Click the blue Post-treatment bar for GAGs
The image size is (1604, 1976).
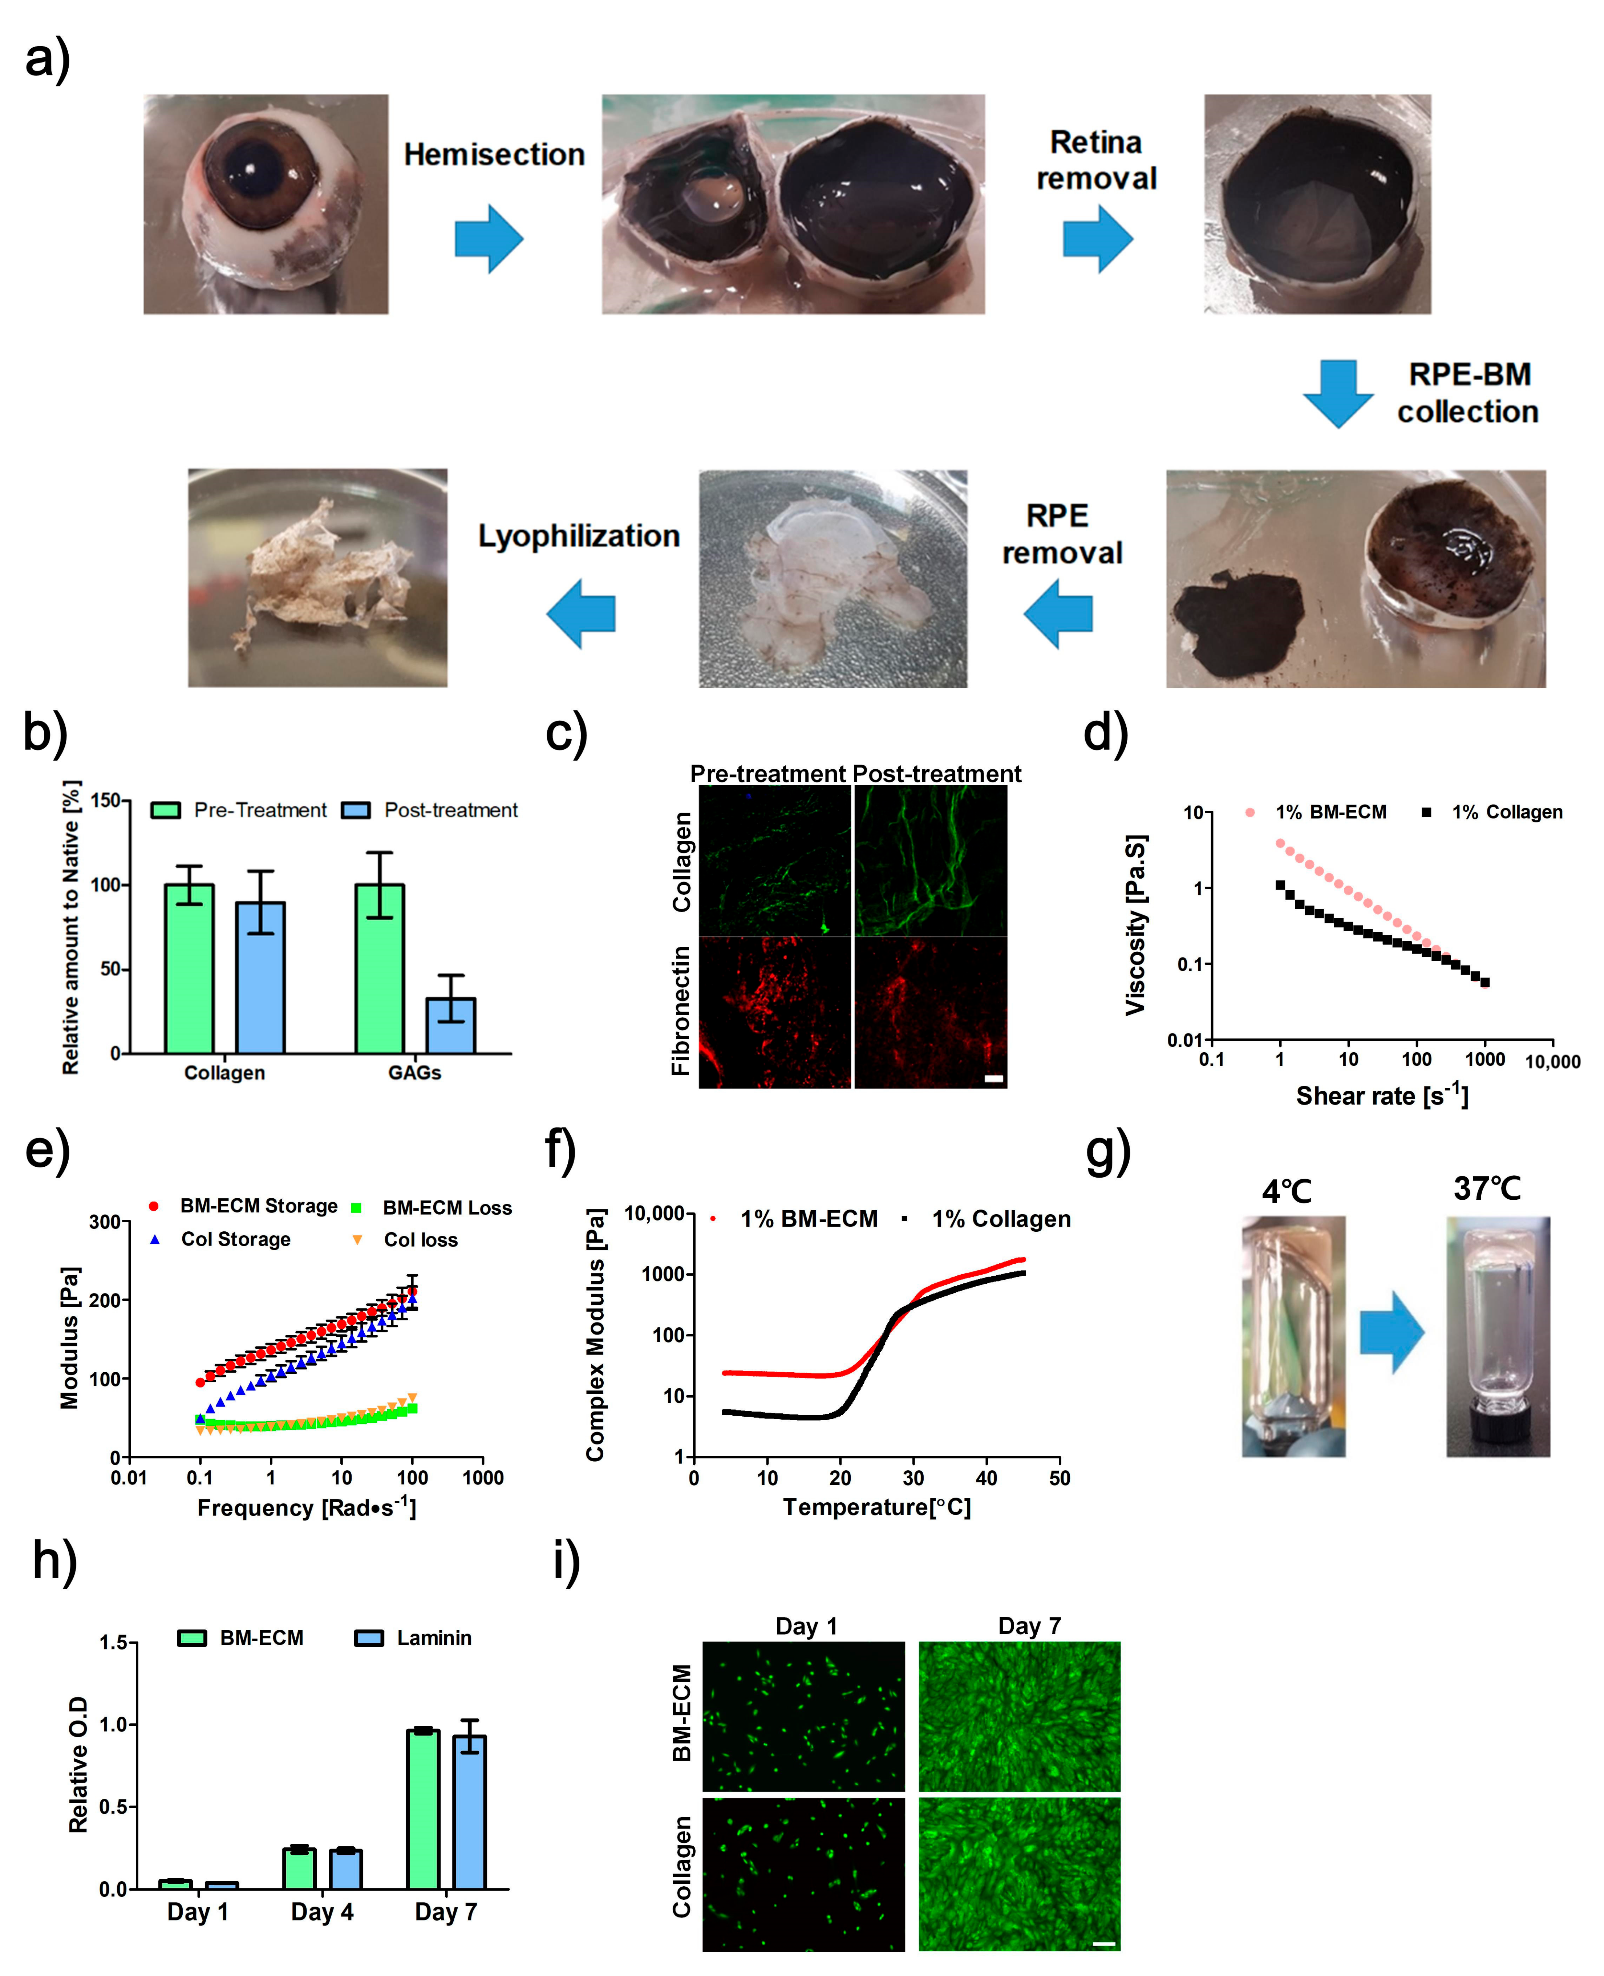click(x=451, y=1025)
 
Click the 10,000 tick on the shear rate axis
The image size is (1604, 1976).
click(x=1552, y=1061)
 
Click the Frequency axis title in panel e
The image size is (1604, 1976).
click(x=307, y=1508)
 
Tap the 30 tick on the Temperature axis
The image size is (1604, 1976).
click(x=913, y=1478)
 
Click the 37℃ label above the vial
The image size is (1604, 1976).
click(x=1487, y=1189)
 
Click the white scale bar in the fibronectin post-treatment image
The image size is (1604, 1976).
click(x=994, y=1078)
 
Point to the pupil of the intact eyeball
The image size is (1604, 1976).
click(x=252, y=171)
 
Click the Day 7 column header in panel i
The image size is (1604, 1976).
click(x=1029, y=1626)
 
